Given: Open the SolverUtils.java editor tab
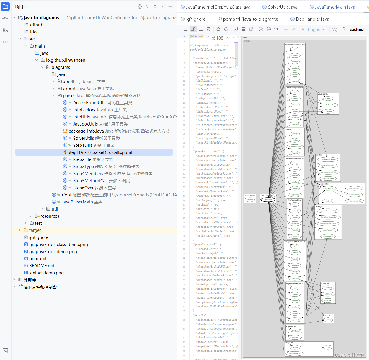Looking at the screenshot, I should pyautogui.click(x=282, y=7).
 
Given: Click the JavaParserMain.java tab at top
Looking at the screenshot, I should pyautogui.click(x=334, y=7).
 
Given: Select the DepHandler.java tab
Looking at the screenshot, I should pyautogui.click(x=312, y=19).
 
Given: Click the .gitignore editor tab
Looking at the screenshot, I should pyautogui.click(x=195, y=19).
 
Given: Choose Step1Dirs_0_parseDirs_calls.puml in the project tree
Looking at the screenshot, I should pyautogui.click(x=99, y=152).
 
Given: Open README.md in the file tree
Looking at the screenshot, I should pyautogui.click(x=42, y=266).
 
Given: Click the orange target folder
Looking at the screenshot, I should pyautogui.click(x=35, y=230).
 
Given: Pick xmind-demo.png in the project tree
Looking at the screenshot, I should pyautogui.click(x=46, y=273).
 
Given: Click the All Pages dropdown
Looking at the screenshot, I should pyautogui.click(x=313, y=30).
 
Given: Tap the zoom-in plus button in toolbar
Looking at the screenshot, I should pyautogui.click(x=261, y=29).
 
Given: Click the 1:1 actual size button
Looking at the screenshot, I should pyautogui.click(x=276, y=29).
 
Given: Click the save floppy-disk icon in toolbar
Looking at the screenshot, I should pyautogui.click(x=244, y=29).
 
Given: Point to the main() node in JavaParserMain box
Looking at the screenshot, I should pyautogui.click(x=250, y=200).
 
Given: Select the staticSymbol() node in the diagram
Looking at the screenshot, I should pyautogui.click(x=354, y=188).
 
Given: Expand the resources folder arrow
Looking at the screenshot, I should pyautogui.click(x=31, y=216).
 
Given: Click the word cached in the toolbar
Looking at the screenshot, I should pyautogui.click(x=356, y=30).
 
